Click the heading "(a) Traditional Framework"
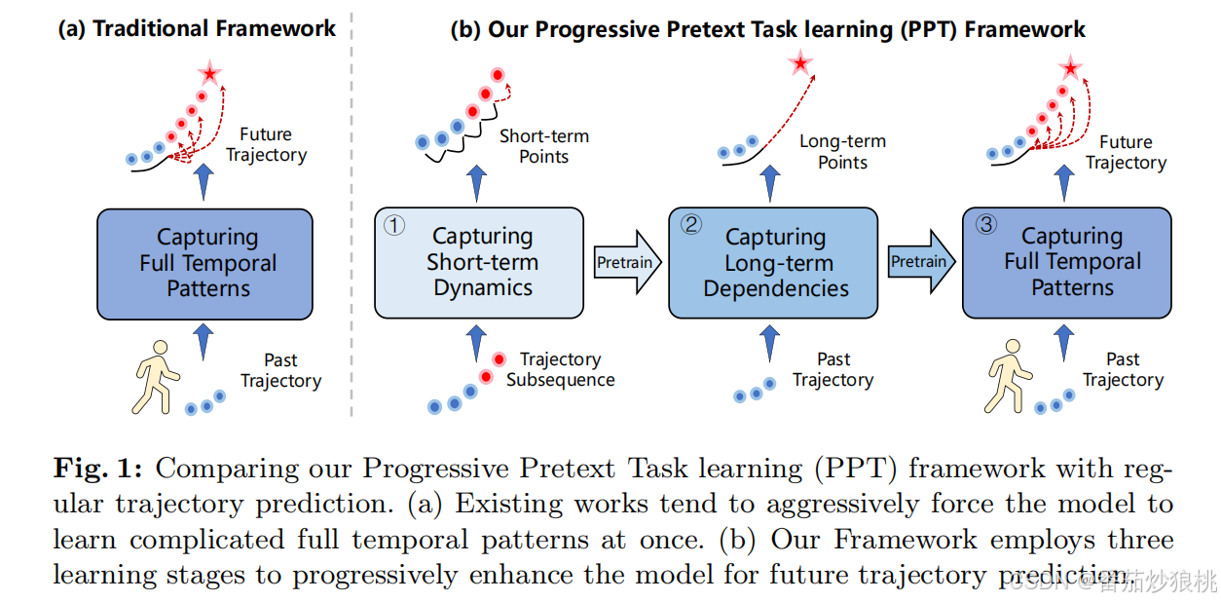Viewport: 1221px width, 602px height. (x=197, y=28)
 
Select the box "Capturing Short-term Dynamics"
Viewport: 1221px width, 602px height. (x=479, y=263)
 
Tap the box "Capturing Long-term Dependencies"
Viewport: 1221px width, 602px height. (x=775, y=263)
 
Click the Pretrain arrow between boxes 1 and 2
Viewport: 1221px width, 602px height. (x=626, y=262)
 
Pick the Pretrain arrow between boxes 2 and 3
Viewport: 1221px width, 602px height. (x=921, y=262)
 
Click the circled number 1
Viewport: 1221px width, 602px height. (x=393, y=227)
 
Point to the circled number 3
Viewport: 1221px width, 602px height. (x=985, y=225)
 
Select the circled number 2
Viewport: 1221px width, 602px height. (x=690, y=225)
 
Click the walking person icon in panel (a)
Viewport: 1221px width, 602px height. (x=156, y=378)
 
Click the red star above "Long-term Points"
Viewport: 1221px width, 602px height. (x=799, y=64)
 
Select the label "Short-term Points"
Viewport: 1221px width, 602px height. (x=543, y=146)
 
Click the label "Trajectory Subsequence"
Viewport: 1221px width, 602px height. (x=560, y=369)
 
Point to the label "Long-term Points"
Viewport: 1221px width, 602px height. (x=841, y=151)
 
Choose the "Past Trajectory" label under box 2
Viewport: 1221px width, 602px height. (x=832, y=369)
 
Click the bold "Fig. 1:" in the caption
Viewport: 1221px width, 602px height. (x=97, y=469)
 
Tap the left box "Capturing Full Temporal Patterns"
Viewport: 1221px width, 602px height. (x=204, y=263)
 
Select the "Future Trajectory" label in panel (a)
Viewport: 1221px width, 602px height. (x=265, y=144)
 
